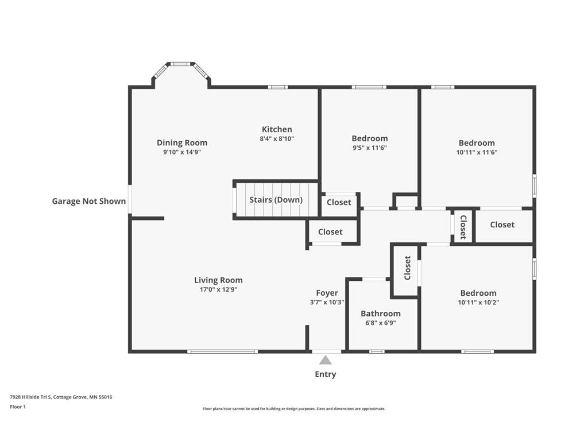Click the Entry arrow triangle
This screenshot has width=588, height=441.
click(x=326, y=361)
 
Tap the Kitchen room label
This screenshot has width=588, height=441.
click(x=277, y=129)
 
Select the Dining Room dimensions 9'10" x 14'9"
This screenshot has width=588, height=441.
click(x=182, y=152)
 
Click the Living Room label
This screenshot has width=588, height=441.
click(x=218, y=280)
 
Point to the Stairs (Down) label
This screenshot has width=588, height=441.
click(x=276, y=199)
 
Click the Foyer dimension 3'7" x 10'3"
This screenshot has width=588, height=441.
click(x=327, y=302)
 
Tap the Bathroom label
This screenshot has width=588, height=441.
click(x=381, y=314)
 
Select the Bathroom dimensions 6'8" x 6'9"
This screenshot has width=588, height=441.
click(x=381, y=323)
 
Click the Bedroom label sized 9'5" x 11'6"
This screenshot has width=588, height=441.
click(x=370, y=138)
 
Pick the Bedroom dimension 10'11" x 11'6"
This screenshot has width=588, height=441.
click(x=477, y=152)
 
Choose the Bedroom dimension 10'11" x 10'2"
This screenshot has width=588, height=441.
click(x=478, y=302)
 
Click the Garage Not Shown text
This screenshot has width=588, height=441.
click(x=89, y=201)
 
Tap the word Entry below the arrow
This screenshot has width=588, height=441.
click(x=326, y=374)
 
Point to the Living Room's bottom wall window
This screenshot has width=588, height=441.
click(x=223, y=352)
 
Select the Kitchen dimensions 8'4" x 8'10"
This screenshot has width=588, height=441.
click(x=277, y=139)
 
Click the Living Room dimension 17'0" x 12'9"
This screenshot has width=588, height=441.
click(x=218, y=289)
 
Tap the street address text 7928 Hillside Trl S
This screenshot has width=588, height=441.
click(x=31, y=397)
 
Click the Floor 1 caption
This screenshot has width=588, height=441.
click(x=18, y=407)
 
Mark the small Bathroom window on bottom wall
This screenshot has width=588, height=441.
click(x=377, y=352)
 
